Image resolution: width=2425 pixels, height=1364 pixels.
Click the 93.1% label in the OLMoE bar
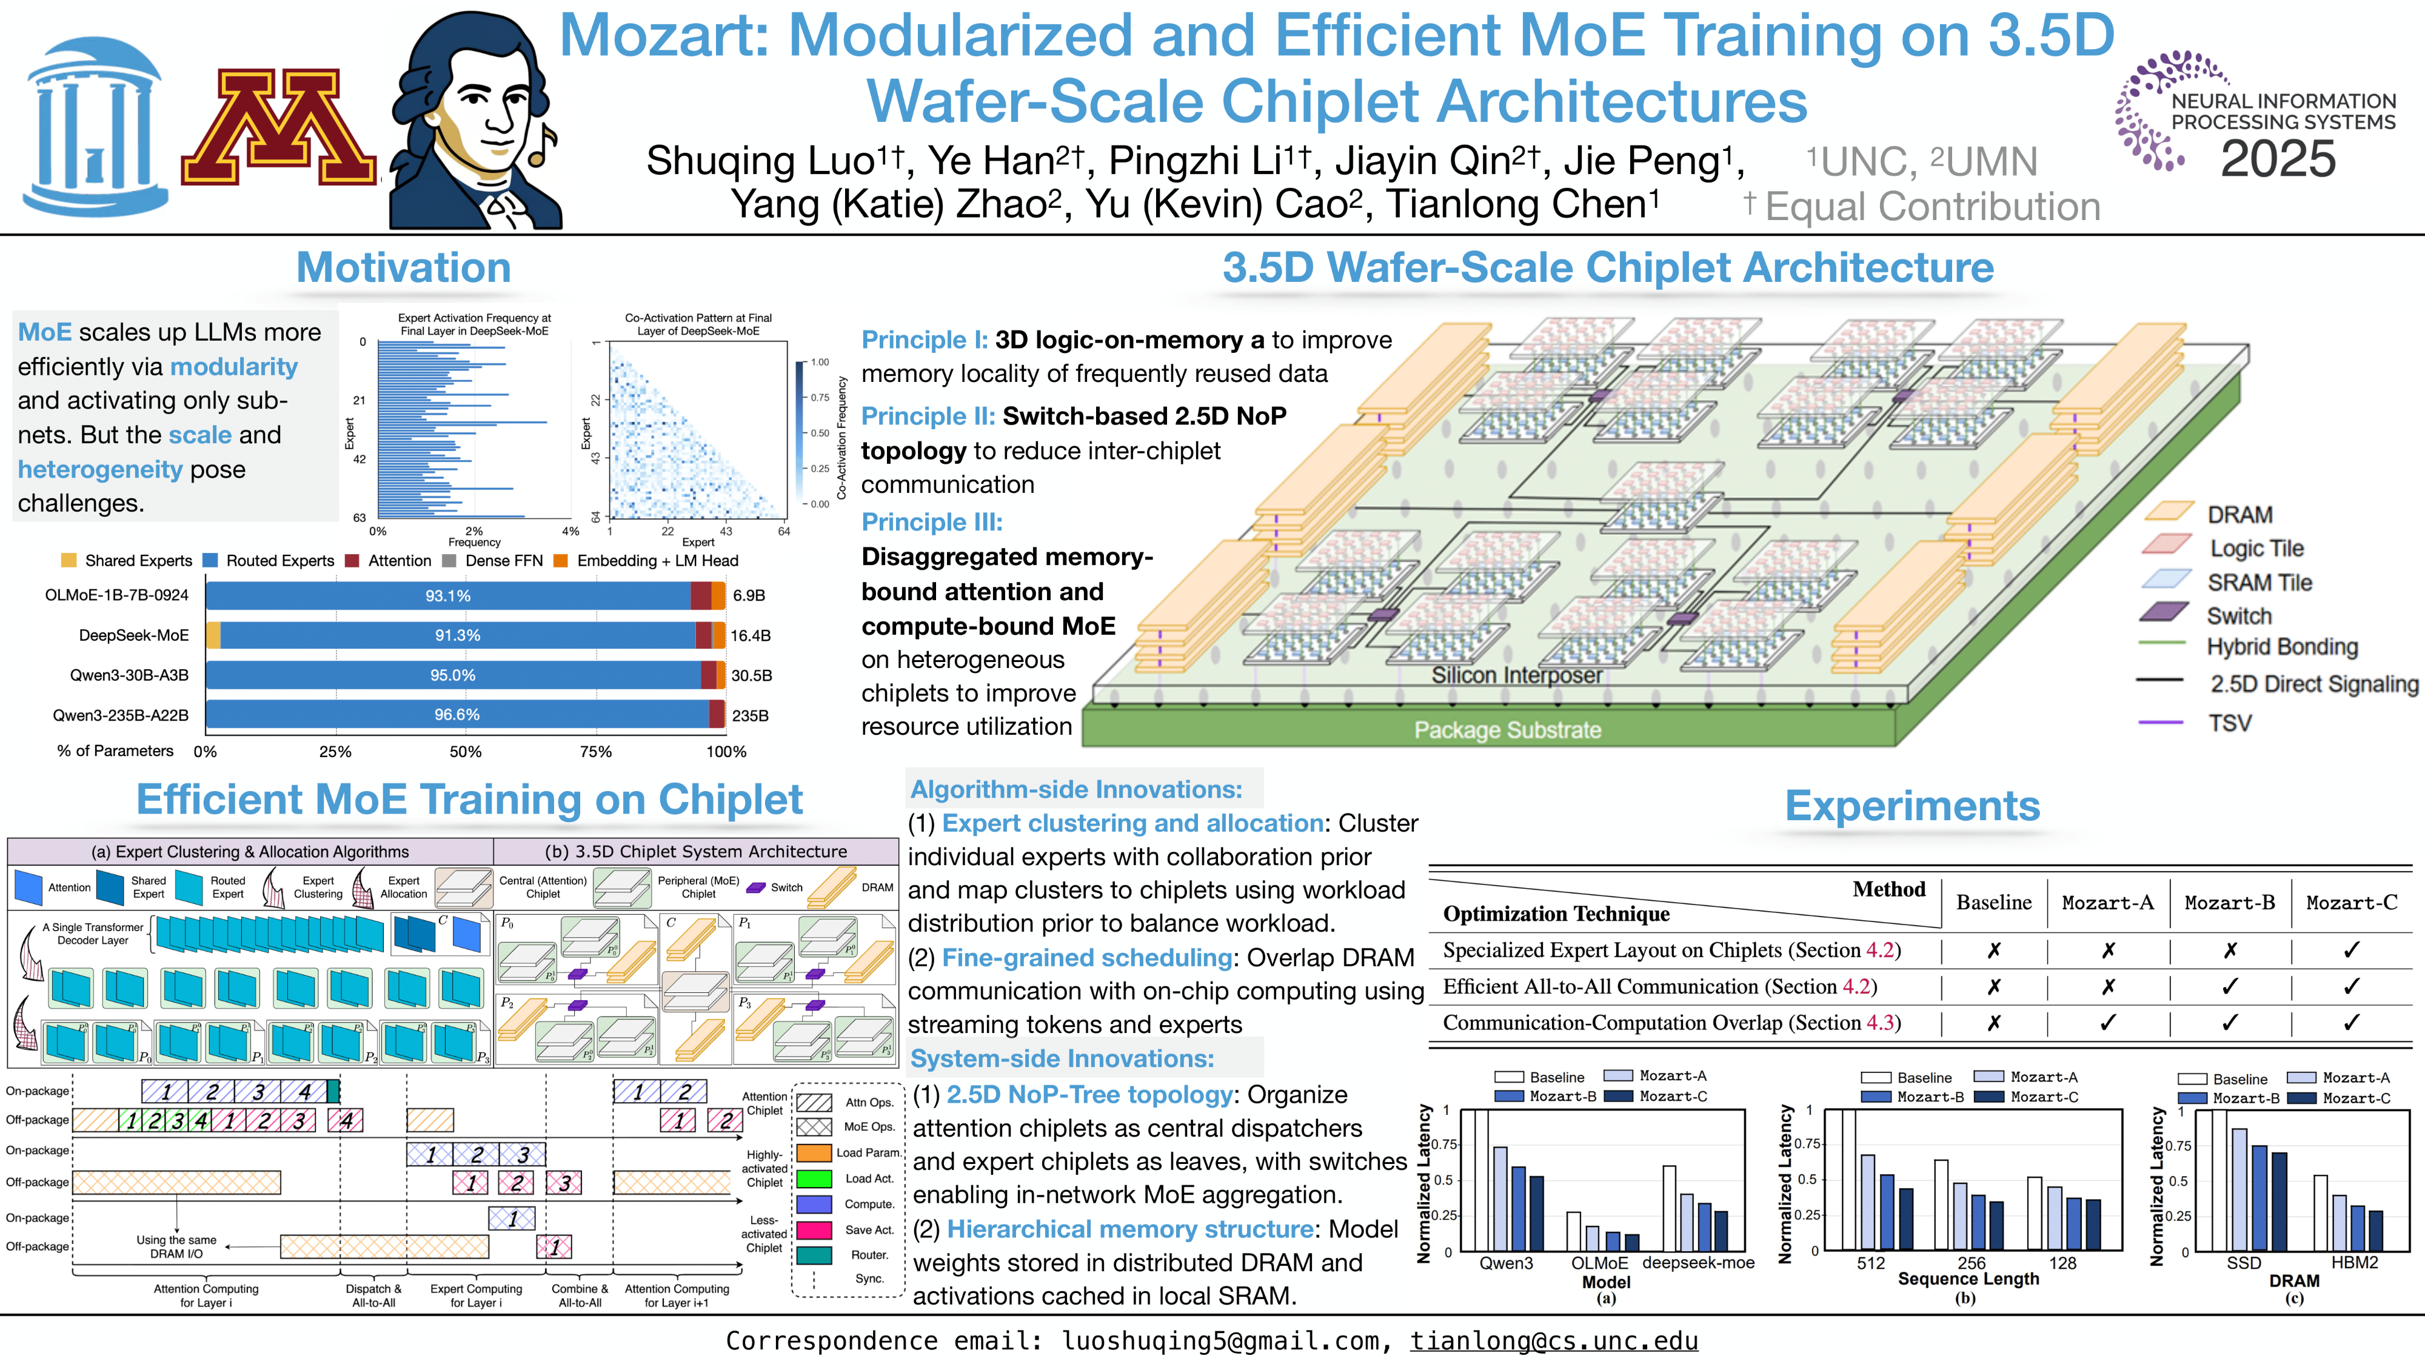[x=447, y=596]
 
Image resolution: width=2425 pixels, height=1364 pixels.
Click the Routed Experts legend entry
[x=279, y=561]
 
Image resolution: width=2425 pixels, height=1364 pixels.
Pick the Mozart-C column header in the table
[x=2350, y=903]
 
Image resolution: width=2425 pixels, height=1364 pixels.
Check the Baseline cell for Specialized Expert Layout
[x=1993, y=951]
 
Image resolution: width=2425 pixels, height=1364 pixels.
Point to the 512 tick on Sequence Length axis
[x=1870, y=1263]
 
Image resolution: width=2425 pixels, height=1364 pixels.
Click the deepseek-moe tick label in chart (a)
[x=1698, y=1263]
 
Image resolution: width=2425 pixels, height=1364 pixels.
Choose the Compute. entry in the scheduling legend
[x=869, y=1204]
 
